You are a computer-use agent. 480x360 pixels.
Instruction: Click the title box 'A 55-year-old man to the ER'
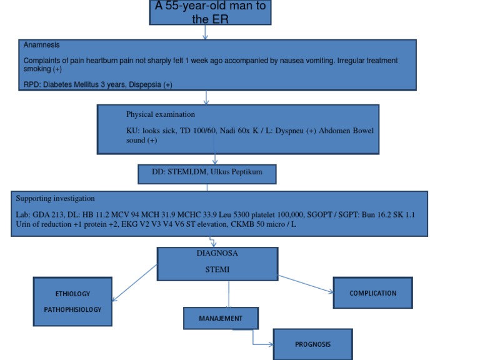tap(210, 12)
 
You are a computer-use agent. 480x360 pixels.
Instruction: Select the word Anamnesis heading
tap(41, 45)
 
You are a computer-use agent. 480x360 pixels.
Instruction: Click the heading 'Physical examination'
tap(161, 114)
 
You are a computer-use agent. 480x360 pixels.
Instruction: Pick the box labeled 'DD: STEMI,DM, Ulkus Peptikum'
tap(207, 173)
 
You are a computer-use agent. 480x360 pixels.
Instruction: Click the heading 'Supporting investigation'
tap(56, 198)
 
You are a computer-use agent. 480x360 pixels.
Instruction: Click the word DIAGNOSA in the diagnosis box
tap(217, 254)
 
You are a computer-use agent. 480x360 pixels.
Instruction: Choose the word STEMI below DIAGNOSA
tap(217, 270)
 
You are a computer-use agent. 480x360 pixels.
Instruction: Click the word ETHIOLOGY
tap(72, 294)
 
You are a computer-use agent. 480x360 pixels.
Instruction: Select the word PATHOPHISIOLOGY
tap(72, 309)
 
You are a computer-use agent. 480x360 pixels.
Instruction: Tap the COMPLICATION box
tap(372, 292)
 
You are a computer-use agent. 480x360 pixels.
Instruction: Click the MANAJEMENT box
tap(221, 318)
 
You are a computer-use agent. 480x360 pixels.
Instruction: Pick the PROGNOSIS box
tap(313, 344)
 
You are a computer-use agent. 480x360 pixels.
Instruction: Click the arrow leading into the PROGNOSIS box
tap(262, 343)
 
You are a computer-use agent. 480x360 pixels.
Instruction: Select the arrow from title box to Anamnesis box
tap(206, 32)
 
